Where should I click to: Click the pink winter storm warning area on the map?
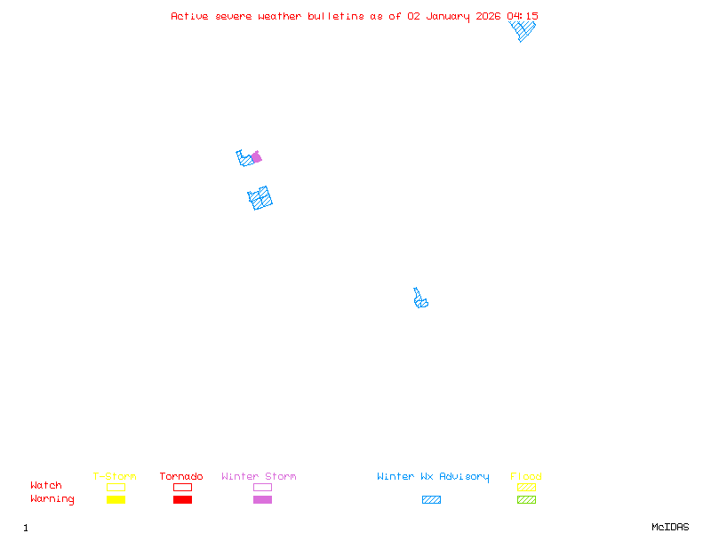[256, 157]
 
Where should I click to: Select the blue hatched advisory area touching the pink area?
[244, 160]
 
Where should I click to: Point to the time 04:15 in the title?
[523, 16]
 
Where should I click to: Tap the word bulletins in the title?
[336, 16]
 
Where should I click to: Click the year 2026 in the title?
[489, 16]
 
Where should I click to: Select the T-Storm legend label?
[115, 477]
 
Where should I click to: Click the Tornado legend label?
[181, 477]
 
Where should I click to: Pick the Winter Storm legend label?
[259, 477]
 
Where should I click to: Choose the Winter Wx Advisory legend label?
[433, 477]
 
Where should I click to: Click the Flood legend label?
[526, 477]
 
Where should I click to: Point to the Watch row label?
[46, 486]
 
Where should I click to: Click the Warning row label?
[52, 499]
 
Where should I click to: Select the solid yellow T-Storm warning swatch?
[116, 499]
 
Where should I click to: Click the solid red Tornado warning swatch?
[182, 499]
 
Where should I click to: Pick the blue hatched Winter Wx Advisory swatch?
[431, 499]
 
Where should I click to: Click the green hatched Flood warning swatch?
[526, 499]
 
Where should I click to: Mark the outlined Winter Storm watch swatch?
[262, 487]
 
